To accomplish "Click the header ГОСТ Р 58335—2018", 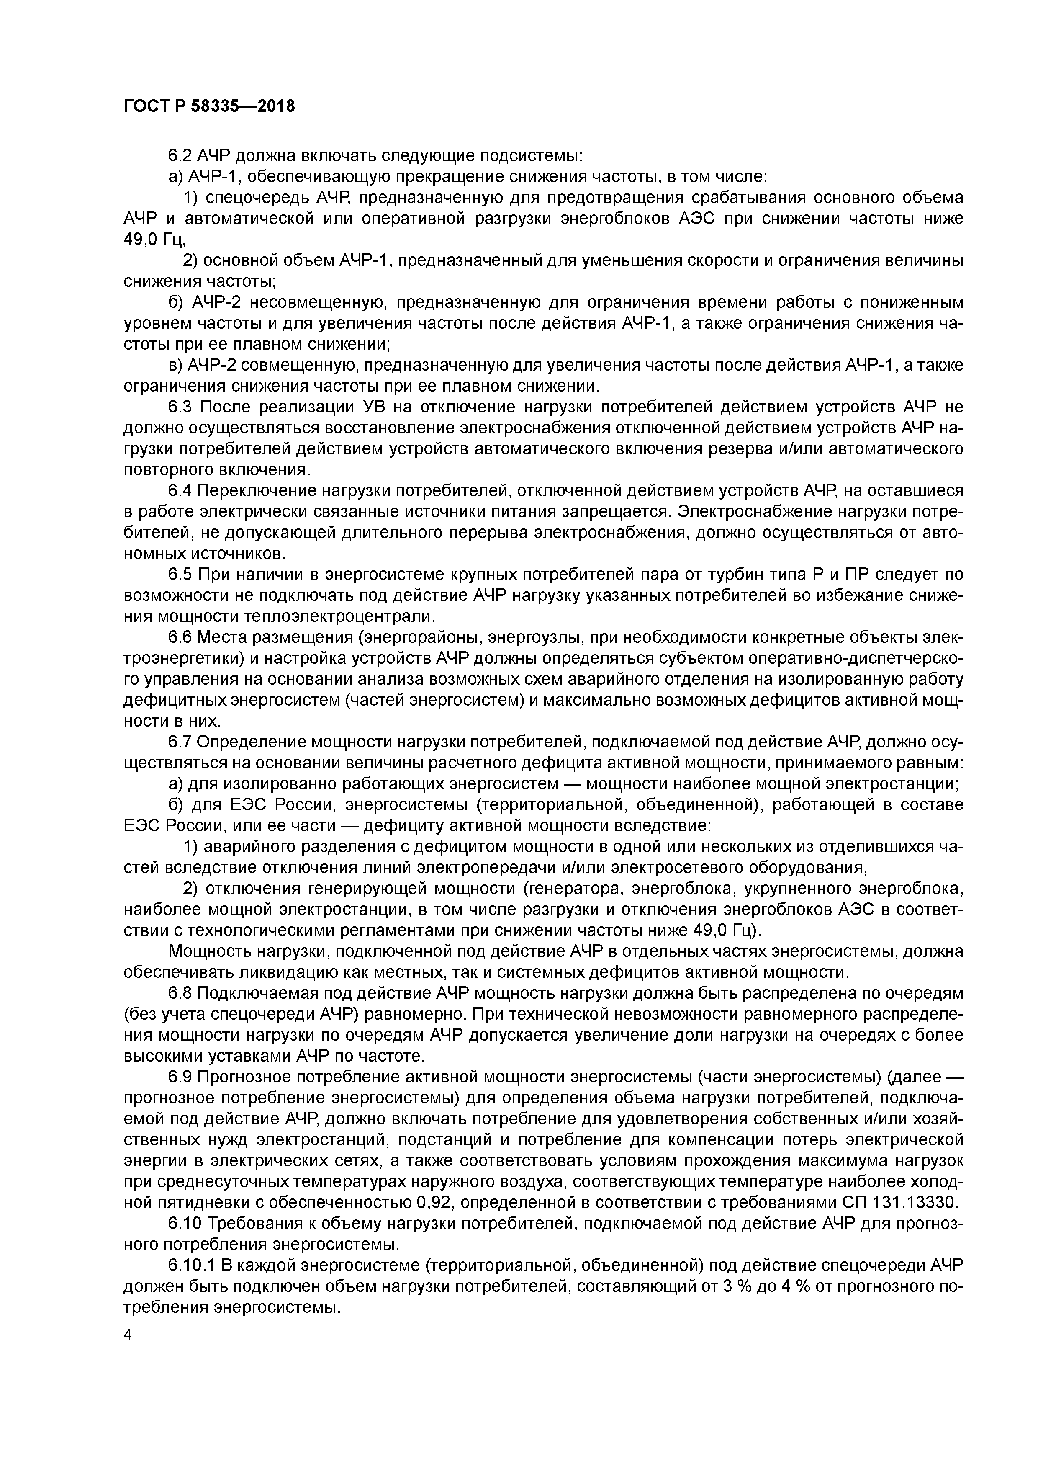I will pos(209,106).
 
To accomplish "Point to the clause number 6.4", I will pos(180,491).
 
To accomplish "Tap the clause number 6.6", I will pos(180,637).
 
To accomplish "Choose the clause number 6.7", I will pos(180,742).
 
